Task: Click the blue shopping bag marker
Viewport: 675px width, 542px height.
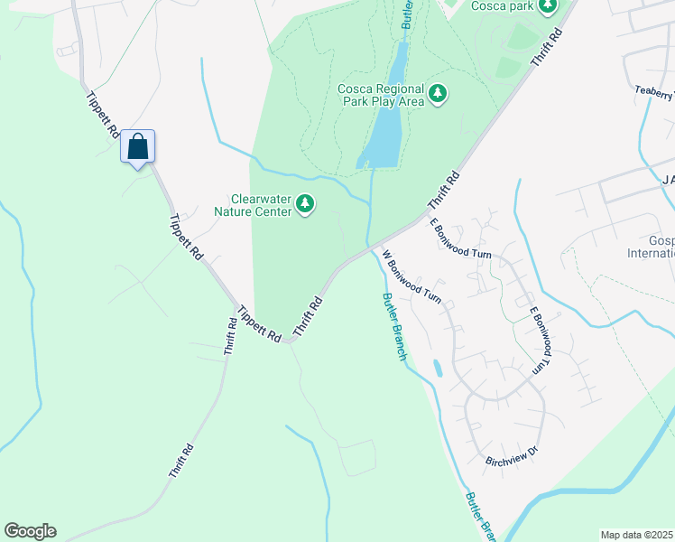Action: [138, 146]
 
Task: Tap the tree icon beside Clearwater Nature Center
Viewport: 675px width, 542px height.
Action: [306, 205]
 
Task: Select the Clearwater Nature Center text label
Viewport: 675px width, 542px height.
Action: [261, 205]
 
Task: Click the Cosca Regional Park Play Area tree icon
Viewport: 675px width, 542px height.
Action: [439, 93]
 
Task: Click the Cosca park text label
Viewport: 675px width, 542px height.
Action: [504, 6]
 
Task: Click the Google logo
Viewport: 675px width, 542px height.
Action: [30, 531]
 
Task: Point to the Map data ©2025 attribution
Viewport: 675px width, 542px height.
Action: [636, 535]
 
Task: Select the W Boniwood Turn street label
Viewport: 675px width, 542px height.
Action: [411, 276]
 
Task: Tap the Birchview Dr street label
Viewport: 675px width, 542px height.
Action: [512, 454]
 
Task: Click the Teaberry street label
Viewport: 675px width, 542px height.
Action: [654, 92]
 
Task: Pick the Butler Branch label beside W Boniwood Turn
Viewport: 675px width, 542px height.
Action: [394, 326]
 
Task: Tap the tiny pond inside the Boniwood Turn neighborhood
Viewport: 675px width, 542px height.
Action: [438, 369]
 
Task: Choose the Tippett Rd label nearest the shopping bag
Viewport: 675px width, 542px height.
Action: [103, 114]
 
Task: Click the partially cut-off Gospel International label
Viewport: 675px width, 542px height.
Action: [661, 247]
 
